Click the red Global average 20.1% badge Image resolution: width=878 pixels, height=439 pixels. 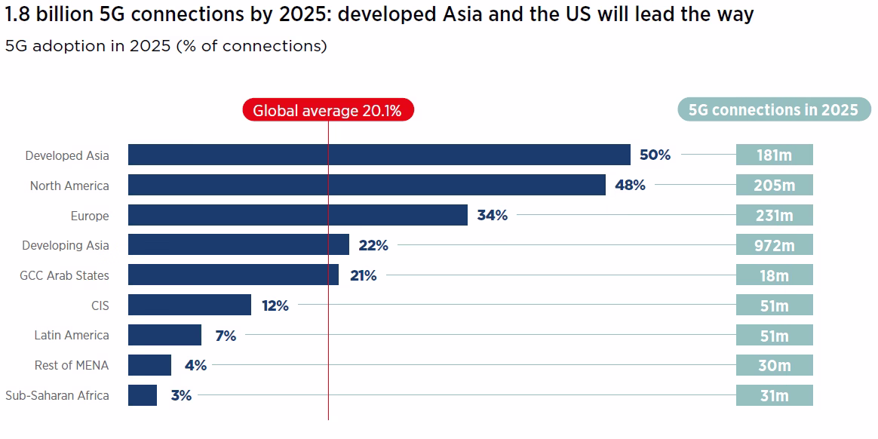328,111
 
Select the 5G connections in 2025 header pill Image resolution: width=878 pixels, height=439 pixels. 773,110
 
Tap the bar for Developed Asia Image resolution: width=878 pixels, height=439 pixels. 379,155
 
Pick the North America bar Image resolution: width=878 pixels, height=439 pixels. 367,185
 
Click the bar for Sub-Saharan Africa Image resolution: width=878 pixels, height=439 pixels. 143,395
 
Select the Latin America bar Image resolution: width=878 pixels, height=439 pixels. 164,335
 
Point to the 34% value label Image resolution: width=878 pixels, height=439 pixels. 492,216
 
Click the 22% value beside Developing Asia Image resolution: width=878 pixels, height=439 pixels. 373,245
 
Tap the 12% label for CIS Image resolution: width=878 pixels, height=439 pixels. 275,305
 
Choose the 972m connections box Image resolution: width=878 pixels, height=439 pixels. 774,245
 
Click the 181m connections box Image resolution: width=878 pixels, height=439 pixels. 774,155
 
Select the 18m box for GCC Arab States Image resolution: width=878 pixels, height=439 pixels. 774,275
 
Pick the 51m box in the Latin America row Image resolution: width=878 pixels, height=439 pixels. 774,336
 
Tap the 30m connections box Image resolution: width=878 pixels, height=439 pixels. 774,365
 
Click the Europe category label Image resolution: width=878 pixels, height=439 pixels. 90,216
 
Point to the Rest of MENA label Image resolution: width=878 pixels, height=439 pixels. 72,365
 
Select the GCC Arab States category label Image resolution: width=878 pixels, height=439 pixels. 64,275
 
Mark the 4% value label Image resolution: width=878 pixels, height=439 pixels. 195,365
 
